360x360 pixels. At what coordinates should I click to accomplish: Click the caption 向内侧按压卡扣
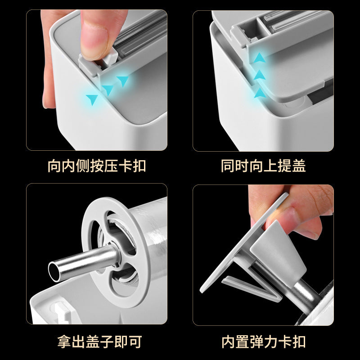point(97,166)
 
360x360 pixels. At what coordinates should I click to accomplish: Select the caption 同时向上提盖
point(263,166)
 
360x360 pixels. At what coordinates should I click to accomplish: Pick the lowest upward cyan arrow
point(259,93)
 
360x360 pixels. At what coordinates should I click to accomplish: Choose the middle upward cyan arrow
point(259,75)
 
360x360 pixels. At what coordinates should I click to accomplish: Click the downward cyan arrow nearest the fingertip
point(122,81)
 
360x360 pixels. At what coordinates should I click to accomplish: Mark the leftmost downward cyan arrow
point(92,99)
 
